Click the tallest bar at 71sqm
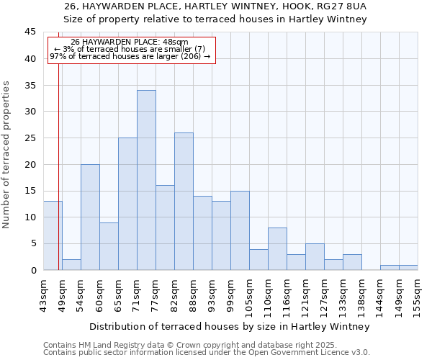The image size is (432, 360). (x=146, y=180)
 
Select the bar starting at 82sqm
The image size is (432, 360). (x=184, y=202)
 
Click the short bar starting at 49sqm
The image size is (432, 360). (x=71, y=265)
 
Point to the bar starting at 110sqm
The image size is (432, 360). (x=277, y=249)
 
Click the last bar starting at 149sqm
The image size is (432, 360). (x=408, y=268)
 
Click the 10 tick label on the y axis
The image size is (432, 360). (x=30, y=217)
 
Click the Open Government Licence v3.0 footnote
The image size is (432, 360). (x=310, y=352)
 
